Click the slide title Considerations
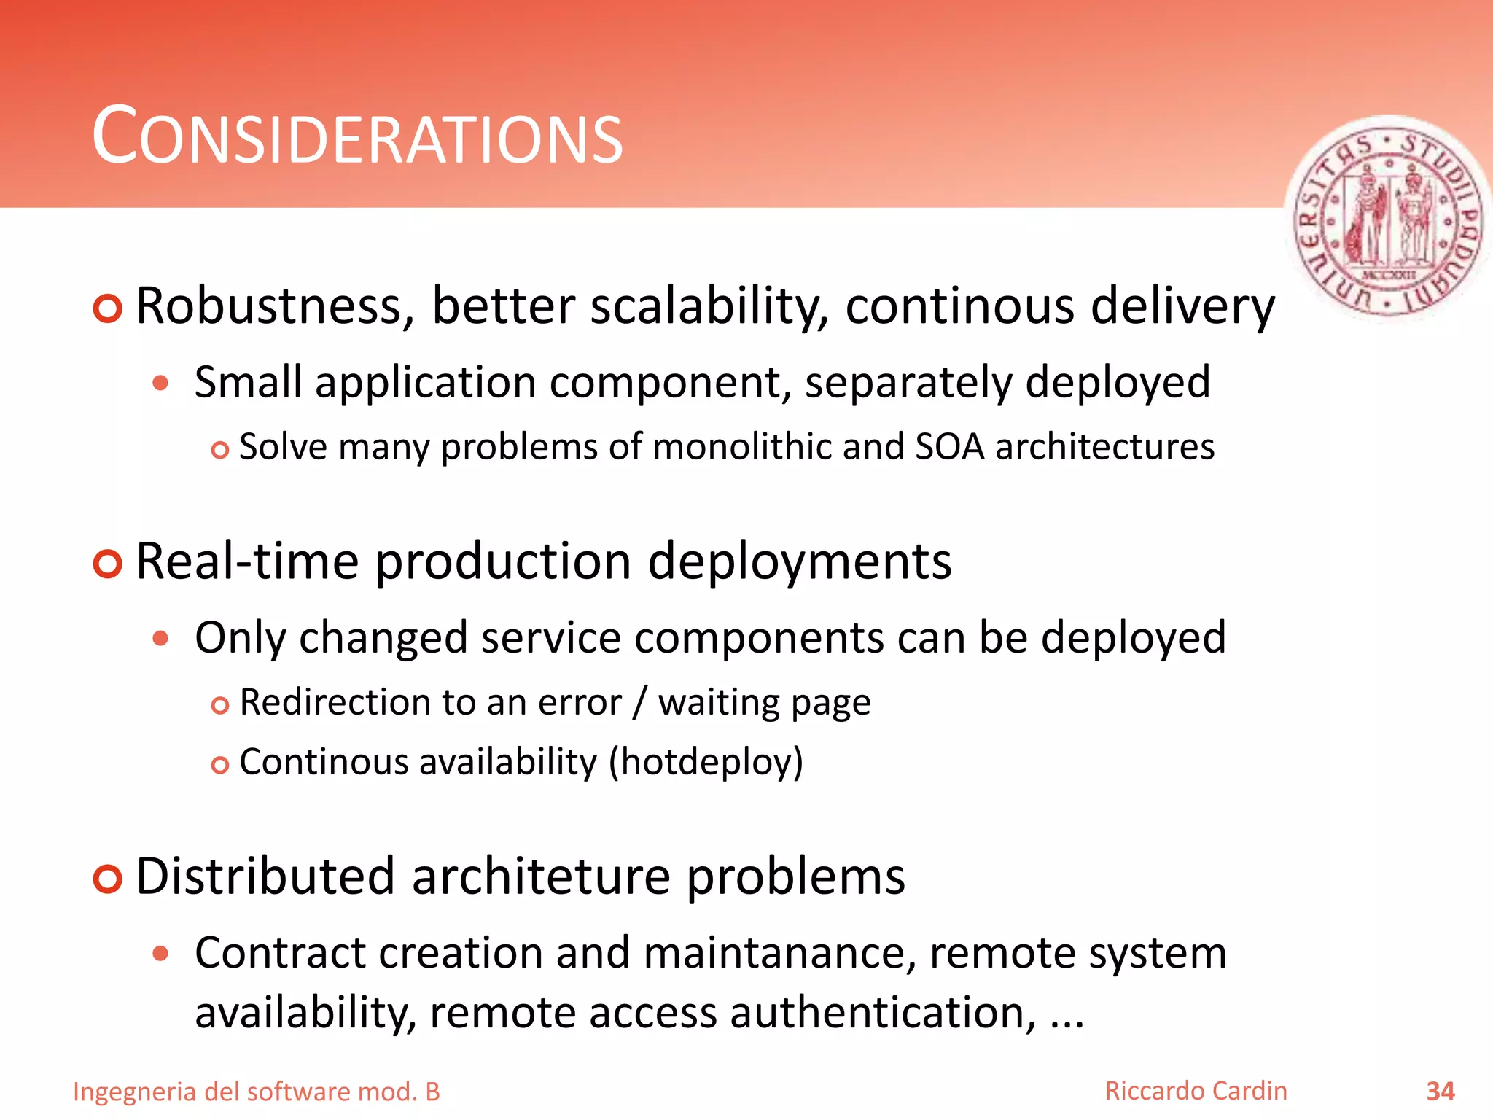tap(357, 137)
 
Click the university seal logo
tap(1388, 219)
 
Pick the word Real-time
tap(248, 561)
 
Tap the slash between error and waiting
tap(640, 702)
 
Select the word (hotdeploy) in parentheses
tap(706, 762)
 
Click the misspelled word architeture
tap(540, 876)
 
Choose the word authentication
tap(883, 1013)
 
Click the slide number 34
tap(1440, 1092)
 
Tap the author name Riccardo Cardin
tap(1196, 1091)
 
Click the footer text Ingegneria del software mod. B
tap(257, 1092)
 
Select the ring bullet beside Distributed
tap(108, 879)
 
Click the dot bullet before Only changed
tap(161, 639)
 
